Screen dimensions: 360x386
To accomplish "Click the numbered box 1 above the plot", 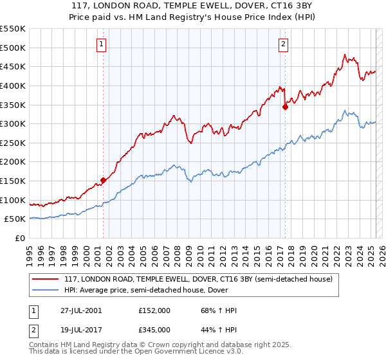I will [x=102, y=44].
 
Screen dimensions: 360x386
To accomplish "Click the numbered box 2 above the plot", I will [x=284, y=44].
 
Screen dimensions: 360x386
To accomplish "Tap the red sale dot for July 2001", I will [x=103, y=180].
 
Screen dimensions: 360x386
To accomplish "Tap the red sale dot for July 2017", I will [x=285, y=107].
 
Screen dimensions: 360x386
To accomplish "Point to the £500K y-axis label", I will [x=13, y=48].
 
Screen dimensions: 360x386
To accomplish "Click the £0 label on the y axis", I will [x=20, y=238].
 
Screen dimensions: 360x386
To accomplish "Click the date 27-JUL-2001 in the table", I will [x=80, y=310].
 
